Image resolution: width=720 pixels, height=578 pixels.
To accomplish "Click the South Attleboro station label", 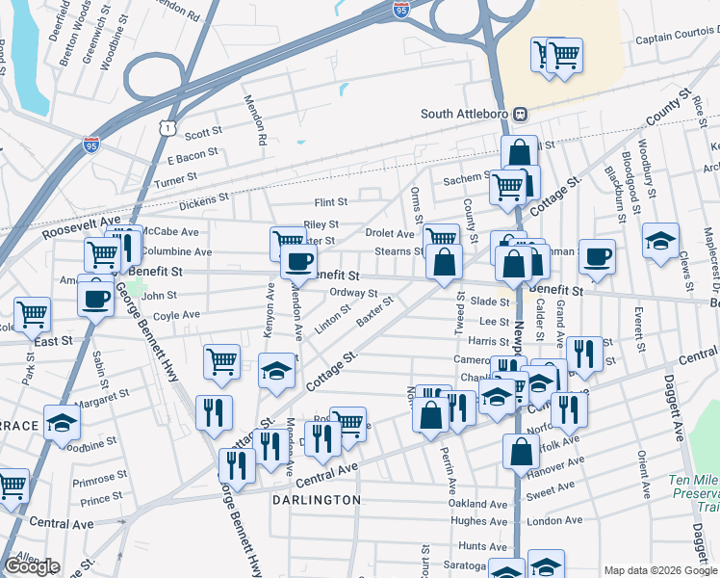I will (x=464, y=114).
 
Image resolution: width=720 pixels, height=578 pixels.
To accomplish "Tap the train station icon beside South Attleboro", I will (x=520, y=114).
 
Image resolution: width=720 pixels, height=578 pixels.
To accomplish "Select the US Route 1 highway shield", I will (x=168, y=127).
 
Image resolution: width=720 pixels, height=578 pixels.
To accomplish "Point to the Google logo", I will (x=32, y=566).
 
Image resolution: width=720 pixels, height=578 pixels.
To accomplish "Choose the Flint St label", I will (x=330, y=202).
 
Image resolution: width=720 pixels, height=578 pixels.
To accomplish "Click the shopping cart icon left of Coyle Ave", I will (x=32, y=313).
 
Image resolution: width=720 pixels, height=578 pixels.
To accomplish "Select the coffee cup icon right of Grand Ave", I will (x=597, y=256).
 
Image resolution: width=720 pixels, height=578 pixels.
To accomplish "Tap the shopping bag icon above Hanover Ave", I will (x=521, y=451).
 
